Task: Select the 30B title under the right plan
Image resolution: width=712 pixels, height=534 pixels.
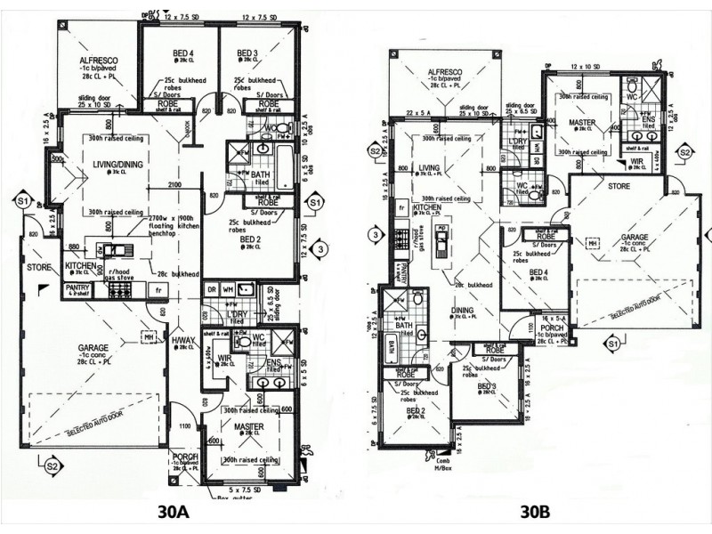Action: (x=536, y=513)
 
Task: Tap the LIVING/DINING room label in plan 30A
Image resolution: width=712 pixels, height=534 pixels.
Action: (x=117, y=164)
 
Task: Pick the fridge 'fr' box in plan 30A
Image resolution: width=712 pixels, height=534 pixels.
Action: (x=158, y=289)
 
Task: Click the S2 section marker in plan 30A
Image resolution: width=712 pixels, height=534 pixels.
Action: (x=52, y=465)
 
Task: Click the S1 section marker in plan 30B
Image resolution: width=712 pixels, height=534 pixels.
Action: (x=612, y=343)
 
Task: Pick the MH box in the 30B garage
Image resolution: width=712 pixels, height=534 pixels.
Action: (x=591, y=241)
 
